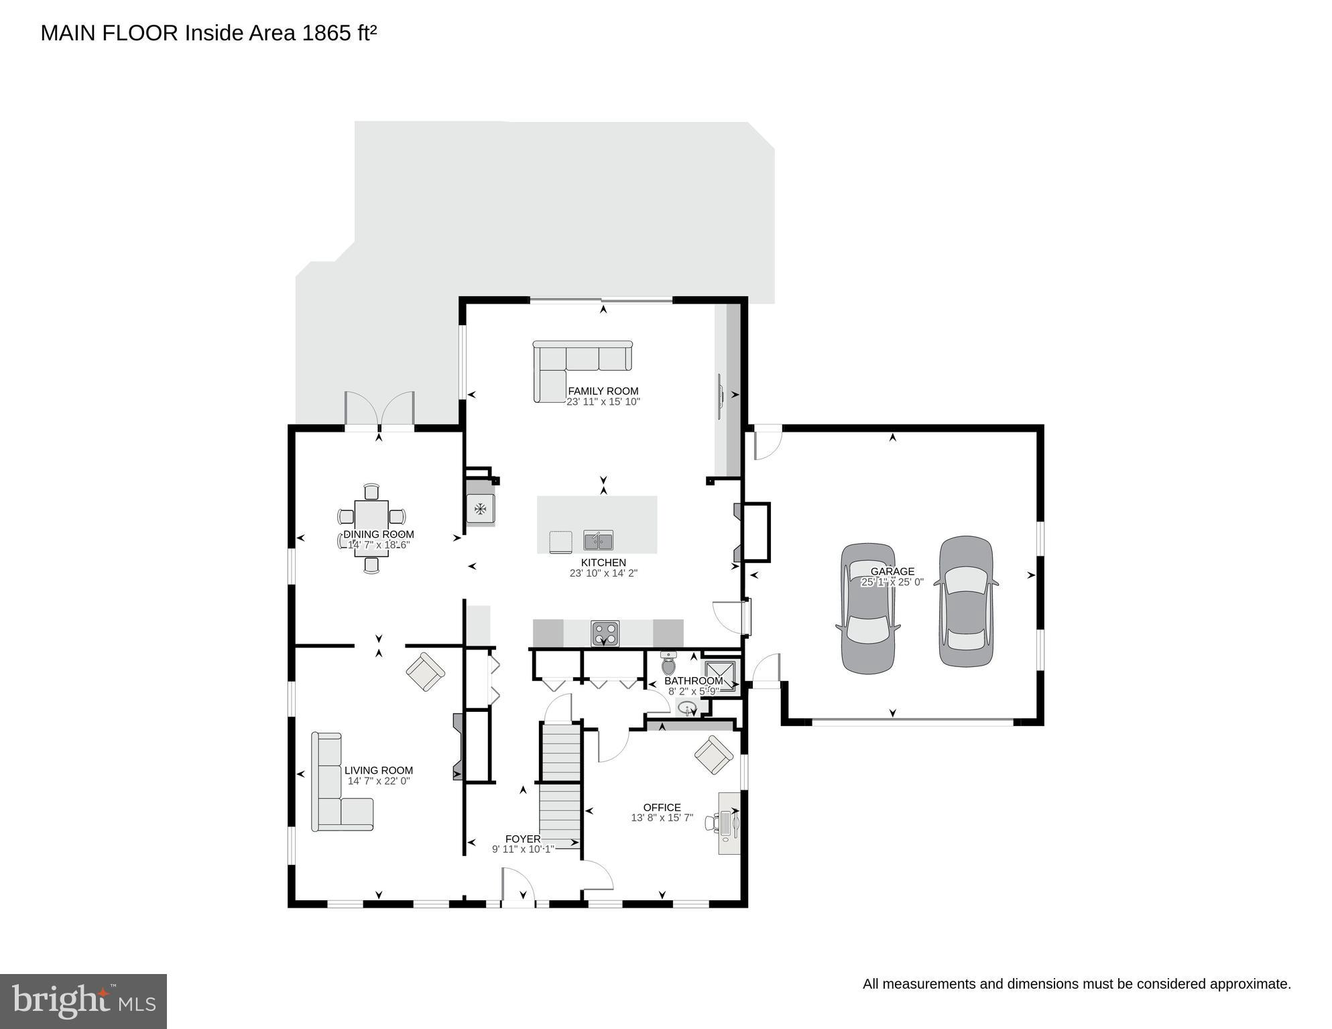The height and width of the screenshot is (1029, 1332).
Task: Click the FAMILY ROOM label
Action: pyautogui.click(x=603, y=391)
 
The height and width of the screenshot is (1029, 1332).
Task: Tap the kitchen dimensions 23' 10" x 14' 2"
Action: pyautogui.click(x=603, y=573)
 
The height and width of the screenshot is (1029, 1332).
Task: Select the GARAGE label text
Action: pyautogui.click(x=892, y=571)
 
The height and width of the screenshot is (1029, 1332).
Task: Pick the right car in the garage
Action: pyautogui.click(x=965, y=601)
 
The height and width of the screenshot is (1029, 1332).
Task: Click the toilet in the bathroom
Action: pyautogui.click(x=668, y=664)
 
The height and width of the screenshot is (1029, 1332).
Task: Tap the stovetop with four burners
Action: pyautogui.click(x=605, y=633)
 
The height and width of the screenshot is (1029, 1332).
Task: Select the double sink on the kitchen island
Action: pyautogui.click(x=598, y=540)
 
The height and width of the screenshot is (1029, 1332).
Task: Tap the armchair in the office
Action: pyautogui.click(x=713, y=755)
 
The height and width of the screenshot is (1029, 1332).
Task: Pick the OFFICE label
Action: pyautogui.click(x=662, y=807)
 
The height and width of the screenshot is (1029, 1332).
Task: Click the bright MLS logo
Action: pyautogui.click(x=83, y=1001)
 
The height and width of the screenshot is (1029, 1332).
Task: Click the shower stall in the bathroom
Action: pyautogui.click(x=720, y=674)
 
